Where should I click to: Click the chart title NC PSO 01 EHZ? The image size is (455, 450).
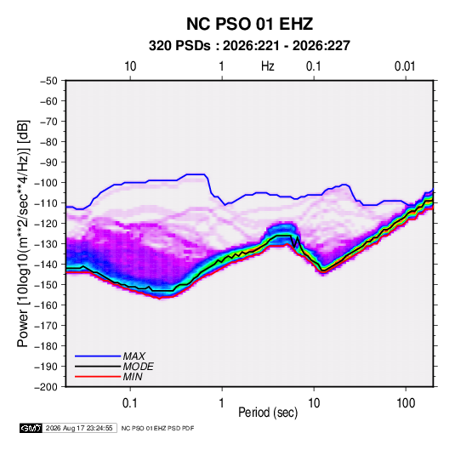click(x=249, y=24)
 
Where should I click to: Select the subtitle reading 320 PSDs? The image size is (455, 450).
click(x=179, y=46)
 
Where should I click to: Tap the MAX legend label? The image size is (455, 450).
click(x=134, y=356)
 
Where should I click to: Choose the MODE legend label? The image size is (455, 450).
click(x=138, y=367)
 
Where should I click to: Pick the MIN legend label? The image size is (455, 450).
click(x=133, y=377)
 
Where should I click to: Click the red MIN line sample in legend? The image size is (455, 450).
click(x=98, y=377)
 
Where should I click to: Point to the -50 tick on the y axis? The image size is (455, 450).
click(x=48, y=81)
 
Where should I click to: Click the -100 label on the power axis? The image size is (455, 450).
click(x=46, y=183)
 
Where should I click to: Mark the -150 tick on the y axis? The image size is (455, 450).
click(x=46, y=285)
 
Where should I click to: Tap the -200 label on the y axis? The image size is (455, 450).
click(x=46, y=387)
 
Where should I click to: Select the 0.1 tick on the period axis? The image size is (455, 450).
click(x=130, y=403)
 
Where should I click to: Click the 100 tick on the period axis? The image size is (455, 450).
click(x=406, y=403)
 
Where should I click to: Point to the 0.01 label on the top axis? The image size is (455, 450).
click(x=405, y=66)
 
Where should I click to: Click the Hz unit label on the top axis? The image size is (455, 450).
click(x=268, y=66)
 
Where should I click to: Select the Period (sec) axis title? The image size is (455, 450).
click(x=268, y=413)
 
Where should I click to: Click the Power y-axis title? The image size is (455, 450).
click(x=23, y=234)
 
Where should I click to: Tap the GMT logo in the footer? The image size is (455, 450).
click(x=31, y=428)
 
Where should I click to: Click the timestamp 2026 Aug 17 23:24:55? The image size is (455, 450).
click(x=79, y=428)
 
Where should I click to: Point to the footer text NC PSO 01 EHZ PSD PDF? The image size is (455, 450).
click(x=157, y=428)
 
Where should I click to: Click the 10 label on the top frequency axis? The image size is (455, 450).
click(x=130, y=66)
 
